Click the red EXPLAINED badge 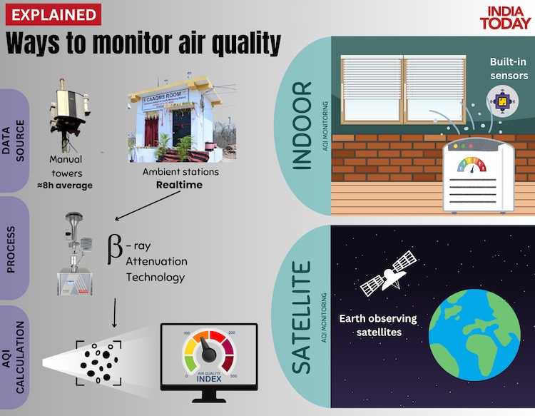click(52, 14)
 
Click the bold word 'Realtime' click(180, 185)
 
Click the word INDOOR click(302, 124)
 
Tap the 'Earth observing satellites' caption click(378, 325)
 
